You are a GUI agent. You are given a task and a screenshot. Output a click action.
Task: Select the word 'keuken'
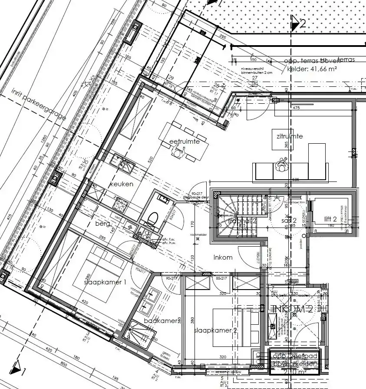pos(121,184)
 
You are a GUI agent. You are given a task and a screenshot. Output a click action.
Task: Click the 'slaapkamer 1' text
pos(105,282)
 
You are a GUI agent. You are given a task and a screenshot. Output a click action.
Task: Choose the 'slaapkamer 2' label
pos(215,330)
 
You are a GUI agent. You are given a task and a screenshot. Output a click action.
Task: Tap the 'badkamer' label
pos(161,320)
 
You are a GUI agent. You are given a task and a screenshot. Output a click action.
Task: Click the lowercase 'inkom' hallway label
pos(223,257)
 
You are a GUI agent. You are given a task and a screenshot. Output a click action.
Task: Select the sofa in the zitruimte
pos(289,171)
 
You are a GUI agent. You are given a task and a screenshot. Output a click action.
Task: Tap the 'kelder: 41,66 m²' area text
pos(310,68)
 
